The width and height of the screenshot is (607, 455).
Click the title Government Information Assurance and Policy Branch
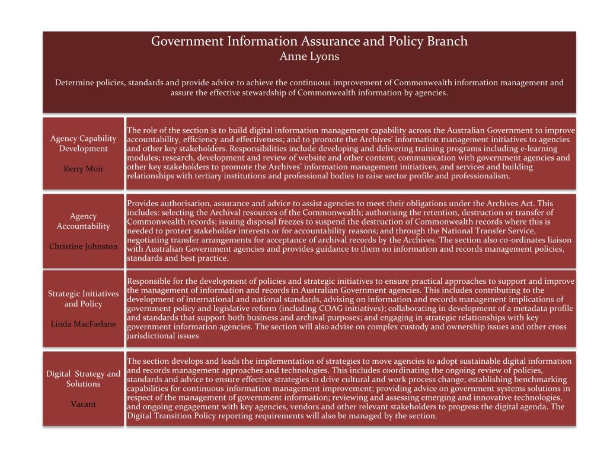309,41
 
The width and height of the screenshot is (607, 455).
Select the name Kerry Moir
83,169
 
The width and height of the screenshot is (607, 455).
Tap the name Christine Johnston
83,246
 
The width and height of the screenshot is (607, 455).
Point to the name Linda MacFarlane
83,323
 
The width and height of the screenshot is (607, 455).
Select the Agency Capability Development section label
83,143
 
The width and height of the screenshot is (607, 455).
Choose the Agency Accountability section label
83,221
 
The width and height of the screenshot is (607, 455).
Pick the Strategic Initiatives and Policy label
83,299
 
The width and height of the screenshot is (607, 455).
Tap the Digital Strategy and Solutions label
83,379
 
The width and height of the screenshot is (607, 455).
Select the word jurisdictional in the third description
151,336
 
